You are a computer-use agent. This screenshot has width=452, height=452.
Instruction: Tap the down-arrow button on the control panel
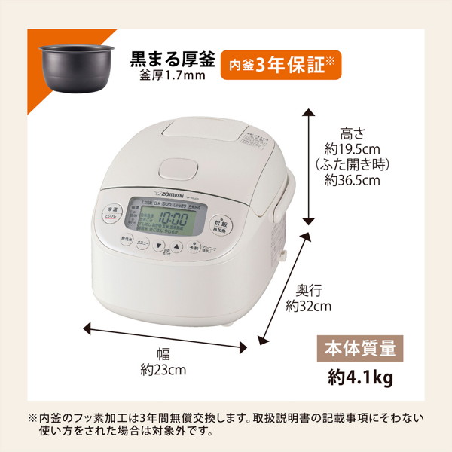tap(159, 246)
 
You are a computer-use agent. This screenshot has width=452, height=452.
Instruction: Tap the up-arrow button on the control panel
tap(176, 246)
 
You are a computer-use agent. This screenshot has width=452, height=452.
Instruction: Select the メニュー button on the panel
tap(142, 243)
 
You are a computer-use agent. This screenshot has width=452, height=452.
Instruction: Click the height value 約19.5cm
tap(351, 149)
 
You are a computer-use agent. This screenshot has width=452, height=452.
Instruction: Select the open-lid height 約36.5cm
tap(352, 181)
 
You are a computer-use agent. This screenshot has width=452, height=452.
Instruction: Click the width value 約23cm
tap(163, 370)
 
